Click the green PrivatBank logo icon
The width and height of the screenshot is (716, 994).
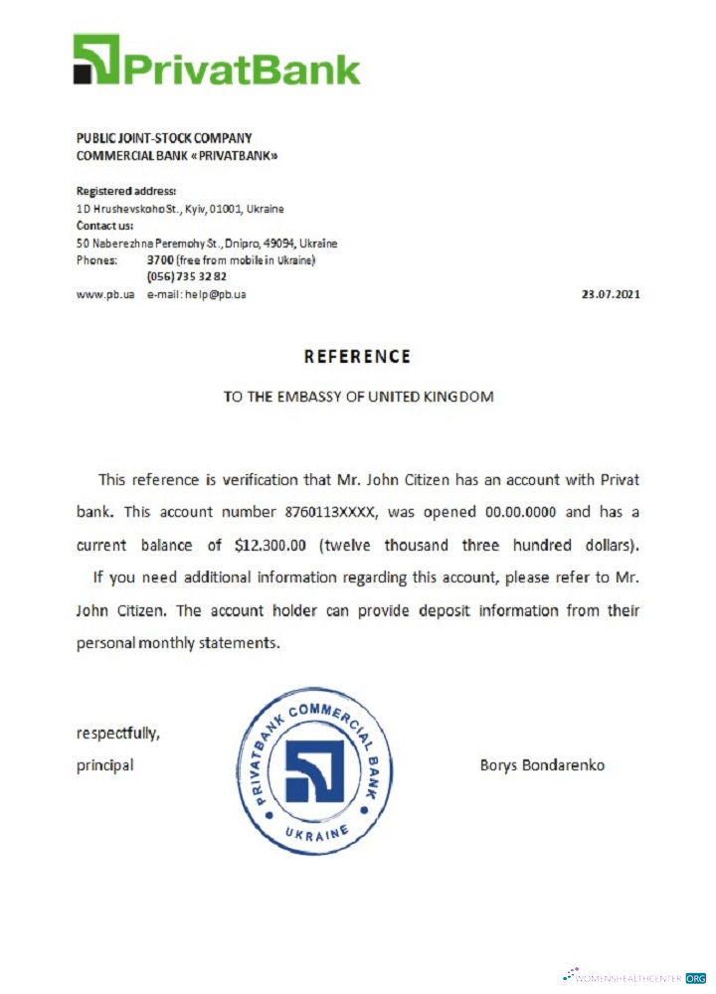pos(95,59)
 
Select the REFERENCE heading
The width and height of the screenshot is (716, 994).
pos(357,356)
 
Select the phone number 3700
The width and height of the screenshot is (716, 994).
pos(160,259)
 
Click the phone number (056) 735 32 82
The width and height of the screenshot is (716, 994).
pos(186,276)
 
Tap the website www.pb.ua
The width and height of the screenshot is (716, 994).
pos(104,294)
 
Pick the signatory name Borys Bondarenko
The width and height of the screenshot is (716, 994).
pos(542,765)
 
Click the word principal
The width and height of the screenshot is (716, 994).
pos(104,765)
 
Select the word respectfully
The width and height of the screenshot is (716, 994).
pos(117,734)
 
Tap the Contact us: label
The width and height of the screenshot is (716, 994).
pos(104,226)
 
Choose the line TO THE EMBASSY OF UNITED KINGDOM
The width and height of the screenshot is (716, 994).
pos(358,396)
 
